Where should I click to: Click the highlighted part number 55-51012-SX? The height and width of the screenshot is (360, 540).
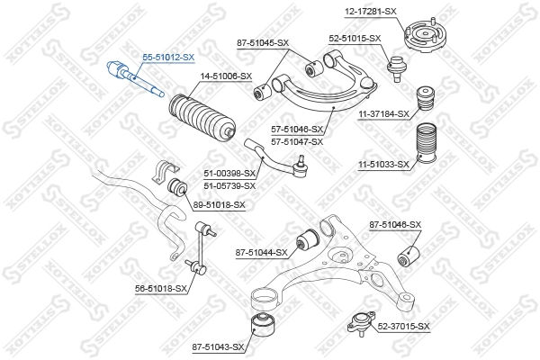(x=168, y=57)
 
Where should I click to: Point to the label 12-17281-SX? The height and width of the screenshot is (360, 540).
(x=370, y=11)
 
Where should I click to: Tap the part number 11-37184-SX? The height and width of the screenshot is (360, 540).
(x=384, y=113)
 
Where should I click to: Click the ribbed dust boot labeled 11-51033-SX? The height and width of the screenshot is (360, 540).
(x=423, y=151)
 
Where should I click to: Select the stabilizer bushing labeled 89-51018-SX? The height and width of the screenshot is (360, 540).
(x=177, y=189)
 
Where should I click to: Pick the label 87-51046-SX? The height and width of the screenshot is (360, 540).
(x=394, y=223)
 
